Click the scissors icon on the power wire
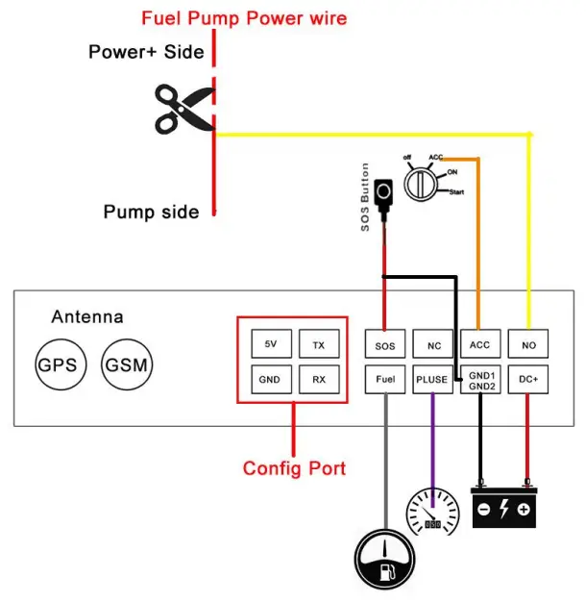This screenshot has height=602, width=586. pos(183,107)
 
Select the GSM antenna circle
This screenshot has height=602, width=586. pos(126,364)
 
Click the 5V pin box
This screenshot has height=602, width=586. pos(269,343)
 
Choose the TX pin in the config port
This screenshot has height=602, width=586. pos(318,343)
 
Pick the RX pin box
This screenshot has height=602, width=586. pos(318,379)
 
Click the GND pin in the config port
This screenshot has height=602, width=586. pos(269,379)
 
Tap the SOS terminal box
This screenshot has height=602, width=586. pos(385,343)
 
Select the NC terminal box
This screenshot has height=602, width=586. pos(432,343)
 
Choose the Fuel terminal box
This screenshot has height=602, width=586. pos(385,379)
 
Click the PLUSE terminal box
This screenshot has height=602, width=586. pos(432,379)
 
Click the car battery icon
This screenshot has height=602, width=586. pos(502,506)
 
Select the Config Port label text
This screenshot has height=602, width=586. pos(294,468)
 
